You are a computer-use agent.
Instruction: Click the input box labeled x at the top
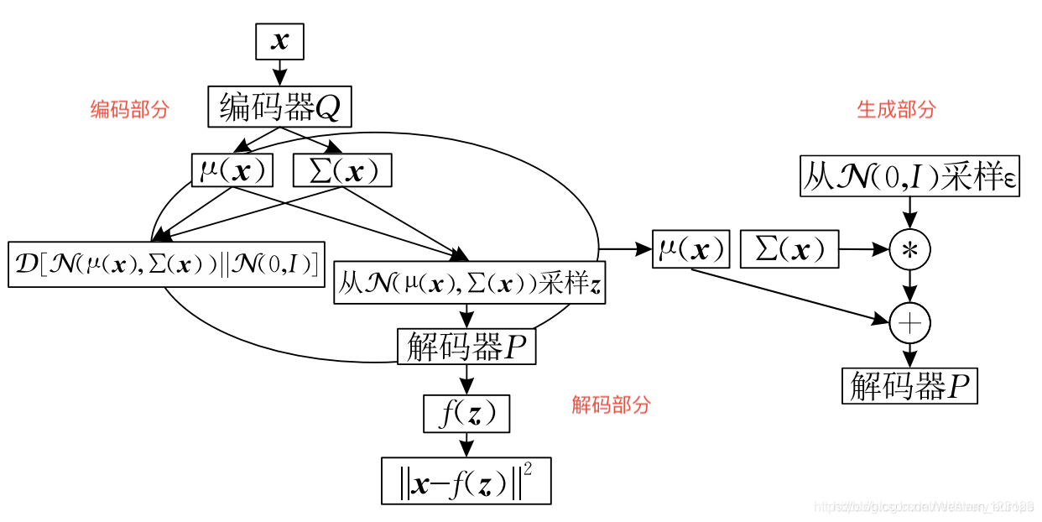(279, 42)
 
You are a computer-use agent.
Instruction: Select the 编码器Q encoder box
(279, 107)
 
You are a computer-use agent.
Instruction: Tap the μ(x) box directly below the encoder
(233, 171)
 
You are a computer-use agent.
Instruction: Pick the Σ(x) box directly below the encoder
(342, 171)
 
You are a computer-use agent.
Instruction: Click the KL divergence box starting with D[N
(167, 264)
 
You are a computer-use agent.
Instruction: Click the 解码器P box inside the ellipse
(466, 346)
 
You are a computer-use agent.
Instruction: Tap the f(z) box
(466, 413)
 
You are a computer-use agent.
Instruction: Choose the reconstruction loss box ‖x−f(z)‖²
(466, 481)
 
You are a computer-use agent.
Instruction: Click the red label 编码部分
(130, 109)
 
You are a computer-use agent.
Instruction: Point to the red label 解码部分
(611, 405)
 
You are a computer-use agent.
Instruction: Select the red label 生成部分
(896, 109)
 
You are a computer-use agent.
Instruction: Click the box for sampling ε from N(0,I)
(910, 176)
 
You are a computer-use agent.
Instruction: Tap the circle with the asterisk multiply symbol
(910, 249)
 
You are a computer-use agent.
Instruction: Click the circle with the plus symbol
(910, 322)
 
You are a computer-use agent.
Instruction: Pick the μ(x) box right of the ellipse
(691, 249)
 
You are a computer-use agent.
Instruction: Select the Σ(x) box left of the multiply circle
(789, 249)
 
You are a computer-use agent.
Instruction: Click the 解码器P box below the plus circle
(910, 385)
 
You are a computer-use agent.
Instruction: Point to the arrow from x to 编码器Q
(279, 73)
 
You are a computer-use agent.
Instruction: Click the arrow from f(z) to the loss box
(466, 444)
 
